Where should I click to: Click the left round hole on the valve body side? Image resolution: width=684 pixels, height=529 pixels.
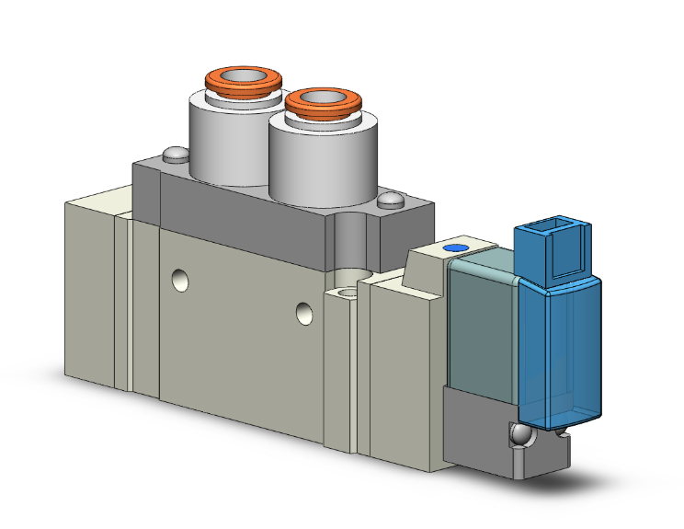point(182,278)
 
